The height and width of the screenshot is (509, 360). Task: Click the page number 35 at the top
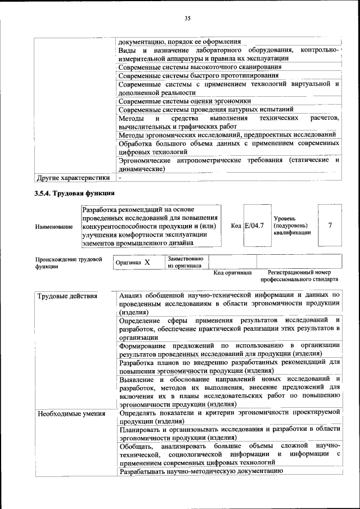click(x=188, y=19)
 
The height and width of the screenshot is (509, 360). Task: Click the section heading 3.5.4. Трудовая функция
click(x=75, y=193)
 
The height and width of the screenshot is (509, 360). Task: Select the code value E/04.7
click(x=254, y=226)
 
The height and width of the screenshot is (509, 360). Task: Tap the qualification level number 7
click(x=330, y=225)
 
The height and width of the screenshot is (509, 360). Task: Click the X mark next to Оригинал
click(x=147, y=262)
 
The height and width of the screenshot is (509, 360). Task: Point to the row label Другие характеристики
click(x=73, y=178)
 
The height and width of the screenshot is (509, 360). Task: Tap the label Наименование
click(x=54, y=226)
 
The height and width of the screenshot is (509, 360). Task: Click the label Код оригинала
click(x=232, y=273)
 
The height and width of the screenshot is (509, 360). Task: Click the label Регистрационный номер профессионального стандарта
click(x=299, y=276)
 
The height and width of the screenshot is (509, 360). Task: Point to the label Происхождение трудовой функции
click(x=69, y=263)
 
